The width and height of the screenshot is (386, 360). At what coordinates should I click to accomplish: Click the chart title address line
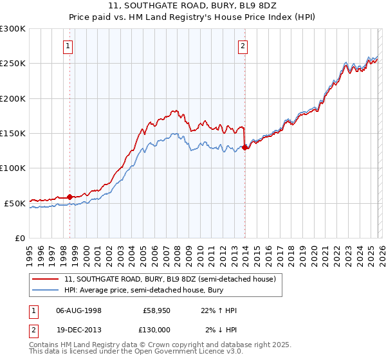point(192,7)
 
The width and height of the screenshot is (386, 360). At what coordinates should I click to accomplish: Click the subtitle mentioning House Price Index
point(192,18)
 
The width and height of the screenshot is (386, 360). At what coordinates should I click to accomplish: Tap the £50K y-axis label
point(15,203)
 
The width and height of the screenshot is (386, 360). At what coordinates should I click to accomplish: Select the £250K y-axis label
point(13,64)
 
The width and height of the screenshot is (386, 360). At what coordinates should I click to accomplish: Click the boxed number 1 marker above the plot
point(68,46)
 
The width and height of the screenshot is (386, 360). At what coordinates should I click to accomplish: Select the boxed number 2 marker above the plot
point(243,46)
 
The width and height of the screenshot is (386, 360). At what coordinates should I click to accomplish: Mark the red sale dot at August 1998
point(70,197)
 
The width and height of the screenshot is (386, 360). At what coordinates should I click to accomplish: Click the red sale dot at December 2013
point(244,147)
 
